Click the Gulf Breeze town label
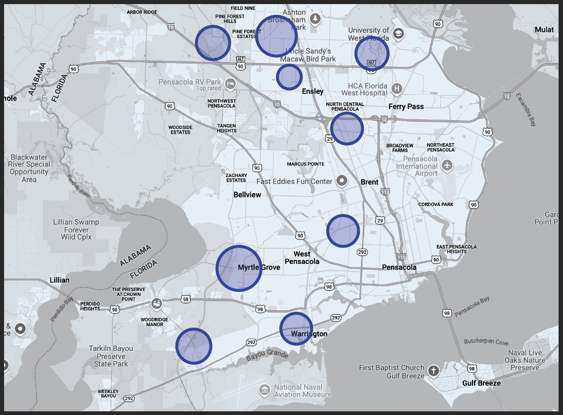click(481, 383)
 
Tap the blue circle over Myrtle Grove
click(239, 268)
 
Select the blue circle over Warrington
click(296, 328)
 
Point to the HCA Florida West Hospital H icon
click(396, 88)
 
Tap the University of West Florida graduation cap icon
click(398, 34)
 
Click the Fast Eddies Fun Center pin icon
click(342, 180)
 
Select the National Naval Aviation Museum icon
click(265, 390)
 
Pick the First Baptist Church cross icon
click(433, 370)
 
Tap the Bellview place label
click(247, 195)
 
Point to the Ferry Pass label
click(406, 107)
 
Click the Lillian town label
click(59, 280)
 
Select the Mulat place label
click(544, 30)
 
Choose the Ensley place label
click(313, 91)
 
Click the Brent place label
click(369, 182)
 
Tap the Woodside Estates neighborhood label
click(180, 130)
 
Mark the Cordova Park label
click(436, 204)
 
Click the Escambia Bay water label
click(526, 109)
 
